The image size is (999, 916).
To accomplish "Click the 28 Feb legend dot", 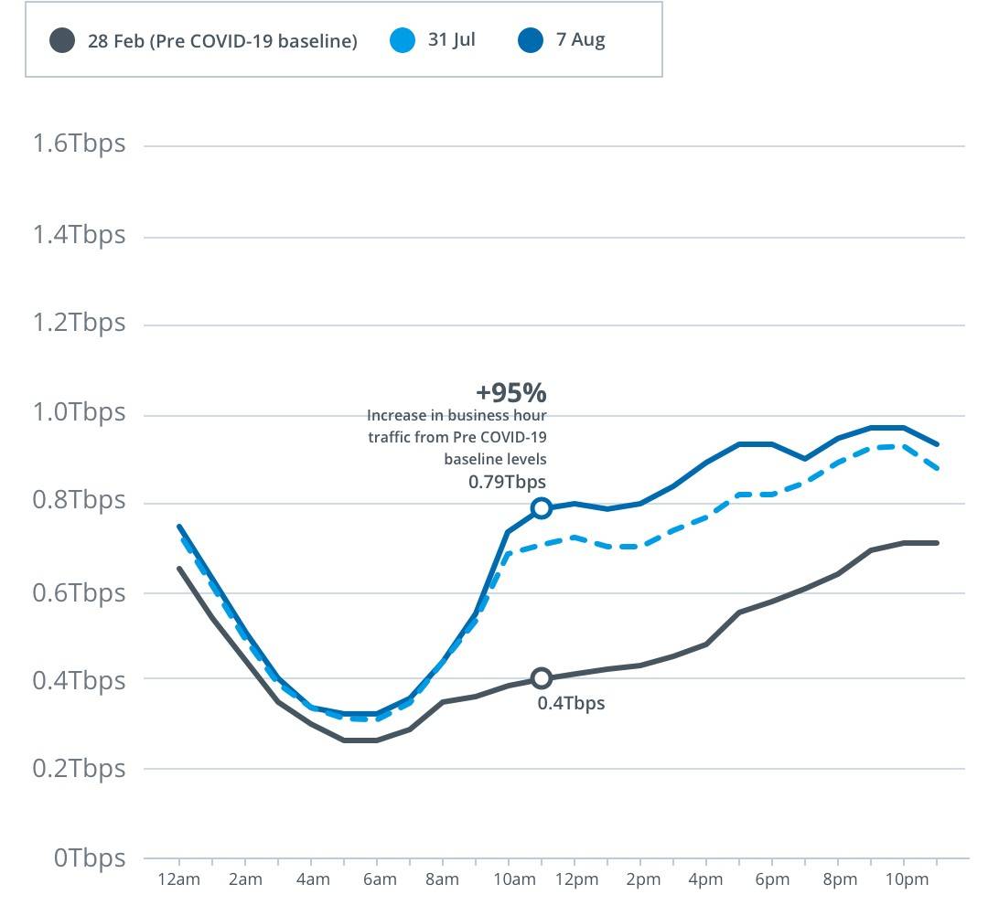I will [62, 40].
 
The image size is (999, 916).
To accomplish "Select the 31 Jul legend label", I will [451, 40].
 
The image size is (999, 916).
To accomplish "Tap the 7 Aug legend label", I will [580, 40].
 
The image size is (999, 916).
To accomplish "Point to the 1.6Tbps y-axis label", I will [79, 144].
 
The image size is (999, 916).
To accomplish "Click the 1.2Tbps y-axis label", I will [79, 324].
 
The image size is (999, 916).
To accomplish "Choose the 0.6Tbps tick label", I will [79, 592].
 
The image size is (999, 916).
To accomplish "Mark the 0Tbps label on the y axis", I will [89, 857].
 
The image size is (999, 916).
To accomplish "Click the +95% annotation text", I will [510, 392].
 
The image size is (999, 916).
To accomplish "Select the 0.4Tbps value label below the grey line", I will [571, 703].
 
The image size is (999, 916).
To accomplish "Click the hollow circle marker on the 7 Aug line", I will [542, 507].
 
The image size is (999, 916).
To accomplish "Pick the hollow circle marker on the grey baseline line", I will [542, 678].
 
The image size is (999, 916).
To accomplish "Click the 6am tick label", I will [379, 880].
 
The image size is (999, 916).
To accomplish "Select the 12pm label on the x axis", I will [576, 880].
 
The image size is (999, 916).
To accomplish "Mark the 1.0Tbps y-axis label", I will [79, 413].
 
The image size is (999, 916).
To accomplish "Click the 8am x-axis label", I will [442, 880].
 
